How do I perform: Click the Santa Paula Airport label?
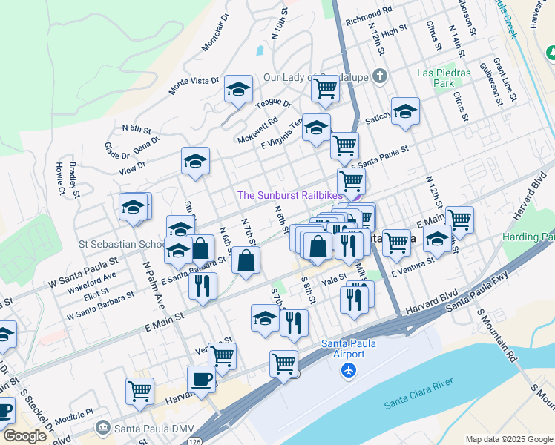(343, 348)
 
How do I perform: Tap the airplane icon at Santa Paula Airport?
(349, 370)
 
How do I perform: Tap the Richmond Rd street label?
(368, 13)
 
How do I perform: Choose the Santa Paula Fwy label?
(461, 300)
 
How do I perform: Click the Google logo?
(24, 436)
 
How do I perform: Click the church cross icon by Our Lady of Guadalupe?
(380, 76)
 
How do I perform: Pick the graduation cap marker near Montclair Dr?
(237, 91)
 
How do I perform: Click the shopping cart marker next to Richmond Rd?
(325, 89)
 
